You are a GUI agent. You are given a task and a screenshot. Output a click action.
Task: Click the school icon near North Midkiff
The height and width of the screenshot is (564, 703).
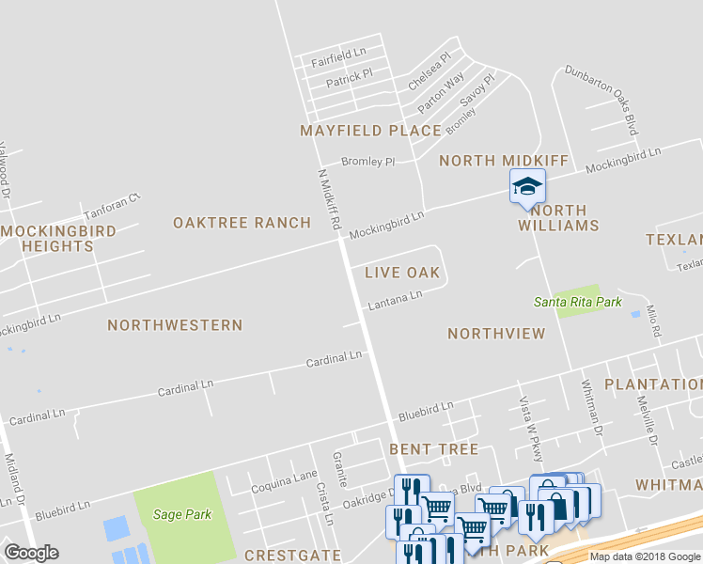click(527, 186)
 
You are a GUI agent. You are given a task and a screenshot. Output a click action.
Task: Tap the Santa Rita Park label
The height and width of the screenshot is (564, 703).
click(578, 302)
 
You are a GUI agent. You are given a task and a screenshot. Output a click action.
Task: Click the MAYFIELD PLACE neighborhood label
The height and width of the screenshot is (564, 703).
click(370, 131)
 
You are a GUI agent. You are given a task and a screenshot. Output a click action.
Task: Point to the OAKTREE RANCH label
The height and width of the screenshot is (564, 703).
click(242, 223)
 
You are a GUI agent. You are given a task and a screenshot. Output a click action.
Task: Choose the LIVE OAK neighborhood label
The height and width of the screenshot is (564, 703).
click(402, 273)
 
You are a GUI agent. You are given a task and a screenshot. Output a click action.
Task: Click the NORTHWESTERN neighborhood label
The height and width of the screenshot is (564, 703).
click(175, 325)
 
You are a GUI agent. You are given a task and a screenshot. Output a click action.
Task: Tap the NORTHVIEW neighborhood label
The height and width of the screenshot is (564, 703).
click(496, 334)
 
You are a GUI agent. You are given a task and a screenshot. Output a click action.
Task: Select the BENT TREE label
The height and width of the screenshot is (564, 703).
click(434, 449)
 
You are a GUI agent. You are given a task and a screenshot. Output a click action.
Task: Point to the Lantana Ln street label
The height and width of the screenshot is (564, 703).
click(394, 299)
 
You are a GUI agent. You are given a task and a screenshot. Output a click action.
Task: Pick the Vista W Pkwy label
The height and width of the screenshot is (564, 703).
click(532, 429)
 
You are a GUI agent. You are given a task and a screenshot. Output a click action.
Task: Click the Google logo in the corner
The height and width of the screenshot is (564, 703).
click(31, 553)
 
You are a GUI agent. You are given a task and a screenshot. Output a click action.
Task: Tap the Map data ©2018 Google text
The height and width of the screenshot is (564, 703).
click(645, 556)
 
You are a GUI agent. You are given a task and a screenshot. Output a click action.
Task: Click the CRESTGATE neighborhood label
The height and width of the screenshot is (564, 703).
click(292, 556)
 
